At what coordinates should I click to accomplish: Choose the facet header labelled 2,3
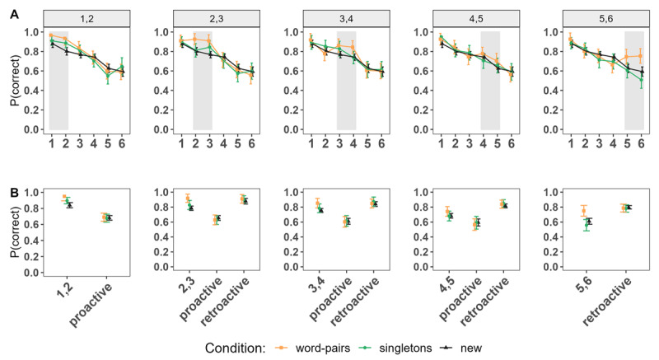click(x=214, y=18)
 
